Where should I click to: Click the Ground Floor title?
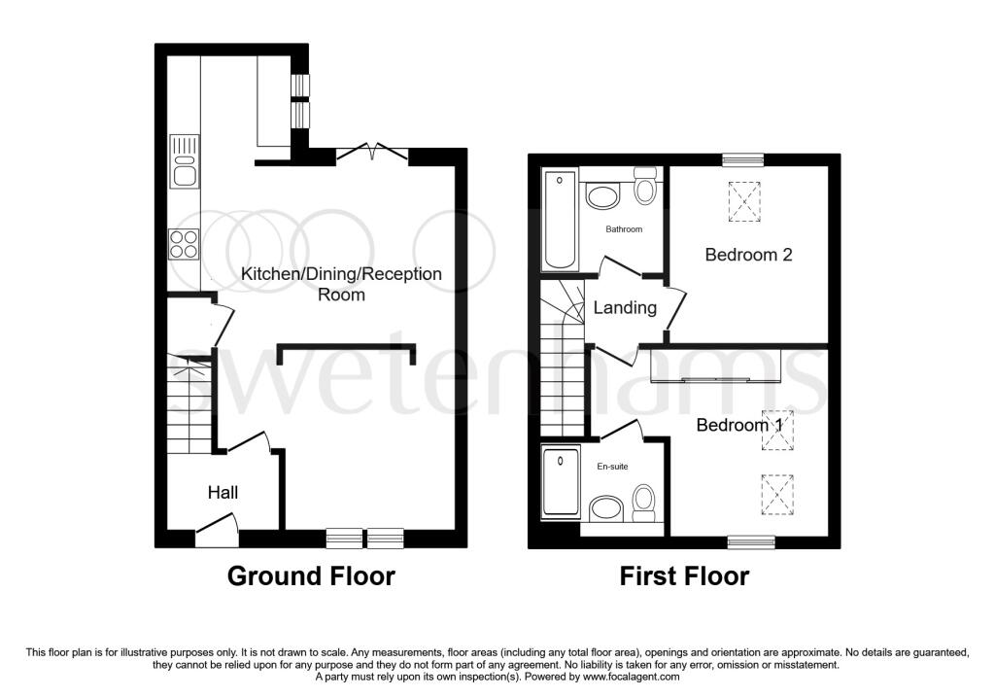coord(311,575)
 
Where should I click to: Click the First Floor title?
coord(684,575)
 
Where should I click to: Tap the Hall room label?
coord(223,492)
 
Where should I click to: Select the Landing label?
coord(625,308)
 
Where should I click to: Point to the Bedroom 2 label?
coord(749,255)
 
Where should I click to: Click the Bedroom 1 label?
coord(739,425)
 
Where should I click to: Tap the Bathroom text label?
coord(624,229)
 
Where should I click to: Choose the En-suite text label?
coord(612,466)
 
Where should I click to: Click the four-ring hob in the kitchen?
coord(184,244)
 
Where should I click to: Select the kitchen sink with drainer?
coord(184,161)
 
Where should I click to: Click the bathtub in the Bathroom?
coord(561,219)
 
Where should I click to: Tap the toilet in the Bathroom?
coord(645,186)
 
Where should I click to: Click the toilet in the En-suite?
coord(644,504)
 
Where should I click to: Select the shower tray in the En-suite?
coord(562,481)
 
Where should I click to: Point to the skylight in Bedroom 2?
coord(744,201)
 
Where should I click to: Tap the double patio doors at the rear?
coord(372,153)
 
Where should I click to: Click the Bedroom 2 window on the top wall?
coord(743,160)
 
